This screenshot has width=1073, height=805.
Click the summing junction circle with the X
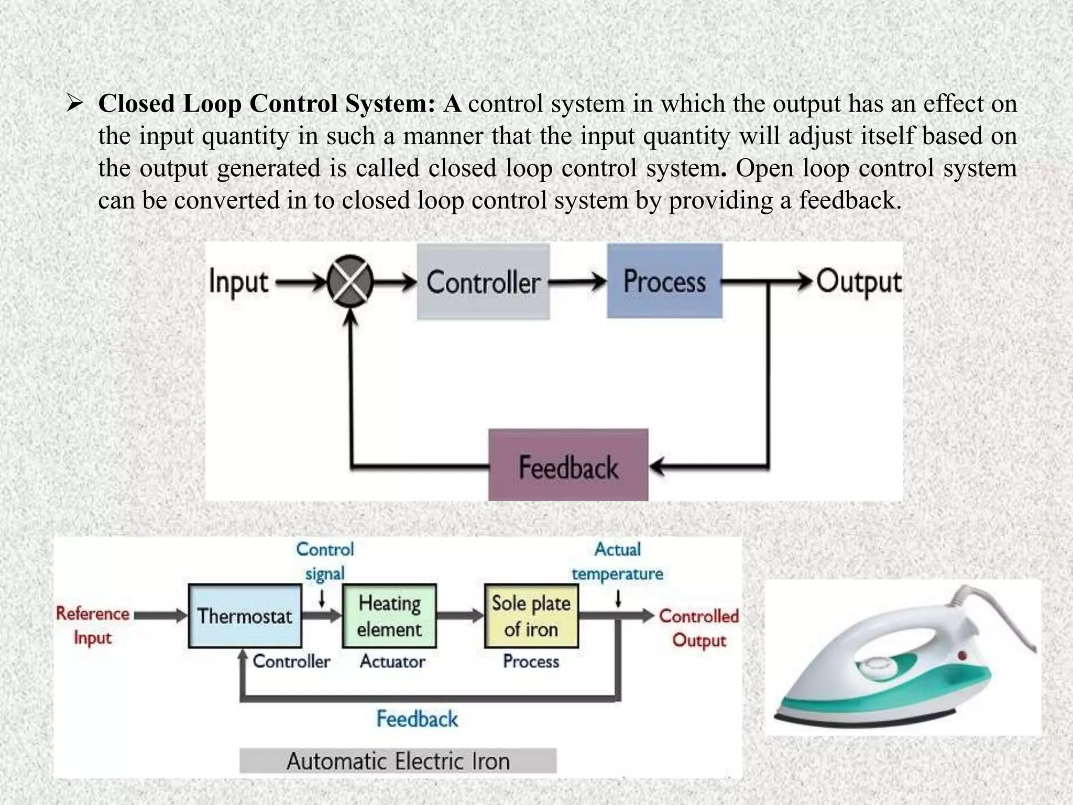click(350, 281)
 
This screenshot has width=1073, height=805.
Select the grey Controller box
click(483, 282)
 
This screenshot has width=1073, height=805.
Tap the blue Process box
click(664, 281)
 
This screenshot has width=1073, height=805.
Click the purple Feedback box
click(568, 465)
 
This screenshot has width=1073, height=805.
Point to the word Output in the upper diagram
click(859, 282)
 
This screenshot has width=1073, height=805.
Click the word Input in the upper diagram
click(238, 282)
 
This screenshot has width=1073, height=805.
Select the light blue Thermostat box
click(245, 616)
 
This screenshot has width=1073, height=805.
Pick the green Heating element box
click(389, 616)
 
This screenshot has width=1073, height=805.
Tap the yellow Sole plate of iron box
click(531, 616)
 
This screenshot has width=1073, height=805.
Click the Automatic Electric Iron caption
click(398, 761)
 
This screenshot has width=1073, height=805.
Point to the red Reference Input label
click(93, 625)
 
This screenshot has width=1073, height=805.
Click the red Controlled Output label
click(699, 627)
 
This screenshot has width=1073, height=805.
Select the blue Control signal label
click(325, 561)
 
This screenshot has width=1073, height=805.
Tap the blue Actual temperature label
click(617, 561)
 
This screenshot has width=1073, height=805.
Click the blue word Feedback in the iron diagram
click(417, 719)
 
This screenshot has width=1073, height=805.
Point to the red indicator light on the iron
click(962, 655)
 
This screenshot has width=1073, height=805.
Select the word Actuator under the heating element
click(392, 661)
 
